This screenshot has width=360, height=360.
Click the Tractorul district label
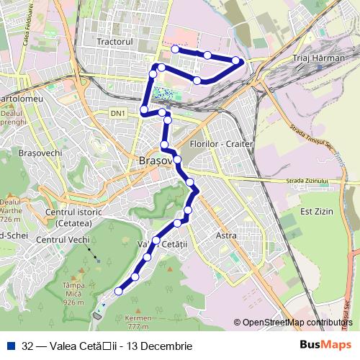116,42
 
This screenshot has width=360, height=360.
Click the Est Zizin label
314,212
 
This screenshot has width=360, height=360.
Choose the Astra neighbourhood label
226,235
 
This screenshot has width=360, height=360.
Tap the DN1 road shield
118,113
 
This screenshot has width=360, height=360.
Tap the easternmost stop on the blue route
237,60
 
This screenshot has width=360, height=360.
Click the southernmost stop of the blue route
119,291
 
